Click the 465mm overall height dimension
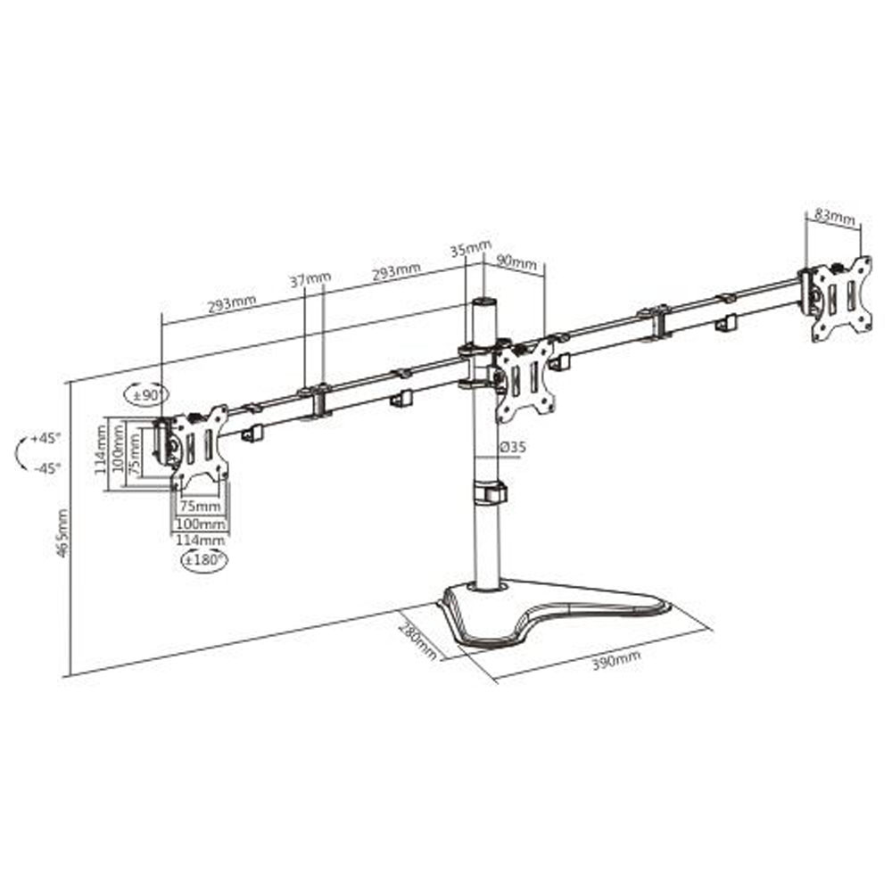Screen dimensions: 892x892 63,533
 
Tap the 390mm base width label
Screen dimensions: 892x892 616,660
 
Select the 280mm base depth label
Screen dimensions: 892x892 417,640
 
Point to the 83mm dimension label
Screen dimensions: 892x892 835,216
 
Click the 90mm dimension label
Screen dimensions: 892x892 516,261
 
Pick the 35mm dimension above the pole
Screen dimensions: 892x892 471,249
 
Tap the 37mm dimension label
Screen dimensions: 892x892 310,278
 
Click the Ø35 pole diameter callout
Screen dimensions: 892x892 513,447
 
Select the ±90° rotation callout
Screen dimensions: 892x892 147,395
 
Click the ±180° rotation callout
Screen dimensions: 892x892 203,560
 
